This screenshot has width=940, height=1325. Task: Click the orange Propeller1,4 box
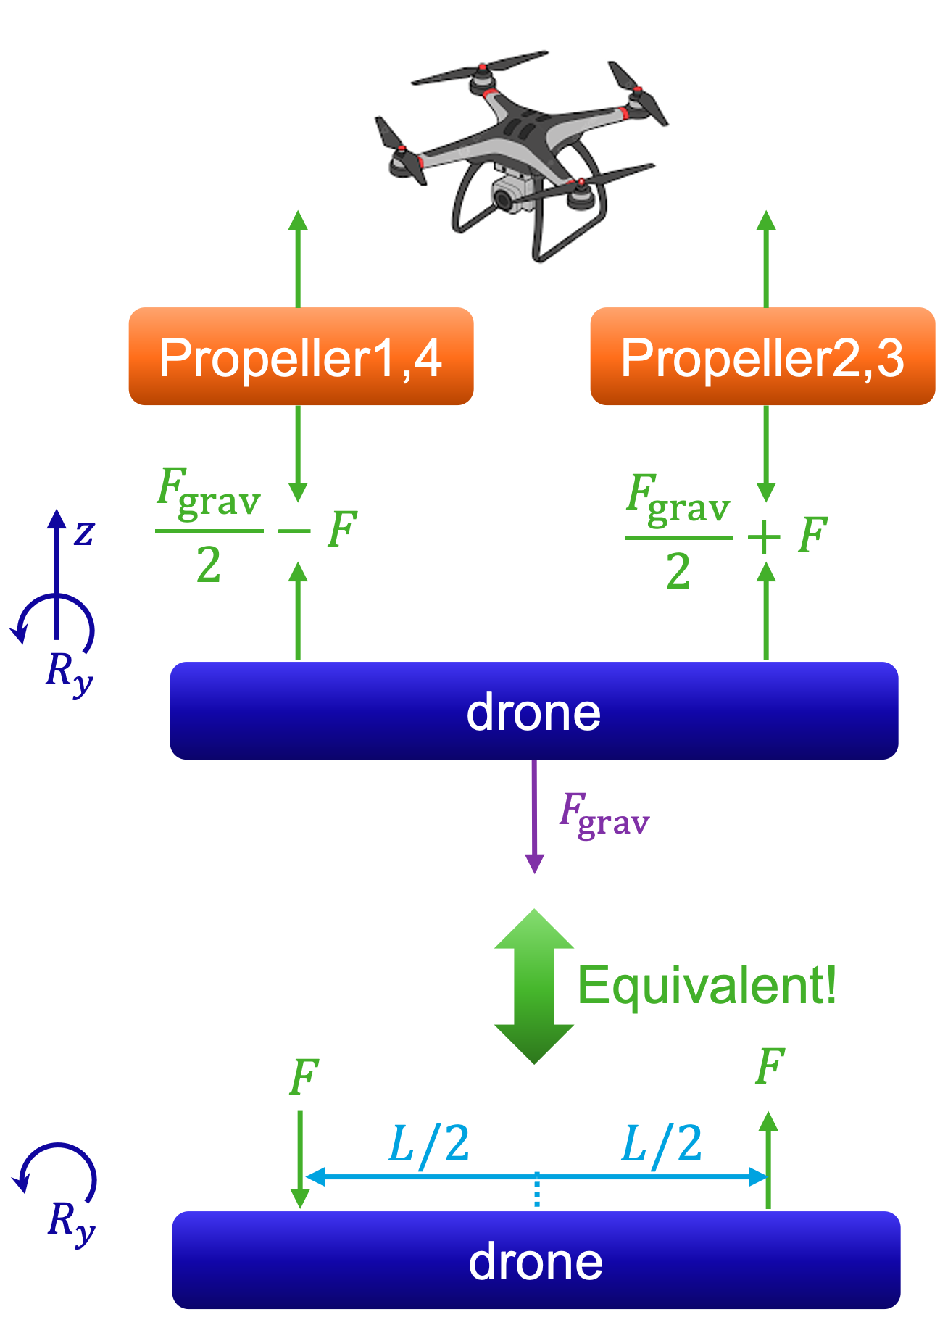tap(301, 357)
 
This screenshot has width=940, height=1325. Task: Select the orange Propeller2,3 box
tap(762, 357)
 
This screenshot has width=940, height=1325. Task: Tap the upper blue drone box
tap(533, 711)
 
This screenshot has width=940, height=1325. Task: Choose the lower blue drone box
tap(536, 1260)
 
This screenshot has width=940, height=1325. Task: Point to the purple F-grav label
tap(604, 815)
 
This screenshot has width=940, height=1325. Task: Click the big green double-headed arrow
tap(534, 986)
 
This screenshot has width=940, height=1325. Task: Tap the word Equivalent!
tap(707, 986)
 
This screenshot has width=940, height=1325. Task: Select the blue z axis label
tap(85, 533)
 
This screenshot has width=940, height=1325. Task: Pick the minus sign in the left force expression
tap(294, 531)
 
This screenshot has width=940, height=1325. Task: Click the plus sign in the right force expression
tap(764, 538)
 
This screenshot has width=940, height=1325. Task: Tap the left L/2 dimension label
tap(429, 1144)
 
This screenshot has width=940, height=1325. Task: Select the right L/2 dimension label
tap(662, 1144)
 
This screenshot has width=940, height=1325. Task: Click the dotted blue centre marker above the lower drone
tap(536, 1190)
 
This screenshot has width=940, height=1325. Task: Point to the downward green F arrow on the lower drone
tap(300, 1160)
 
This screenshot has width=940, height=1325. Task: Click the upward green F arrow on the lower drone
tap(768, 1160)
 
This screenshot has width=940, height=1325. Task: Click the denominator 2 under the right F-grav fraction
tap(678, 571)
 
